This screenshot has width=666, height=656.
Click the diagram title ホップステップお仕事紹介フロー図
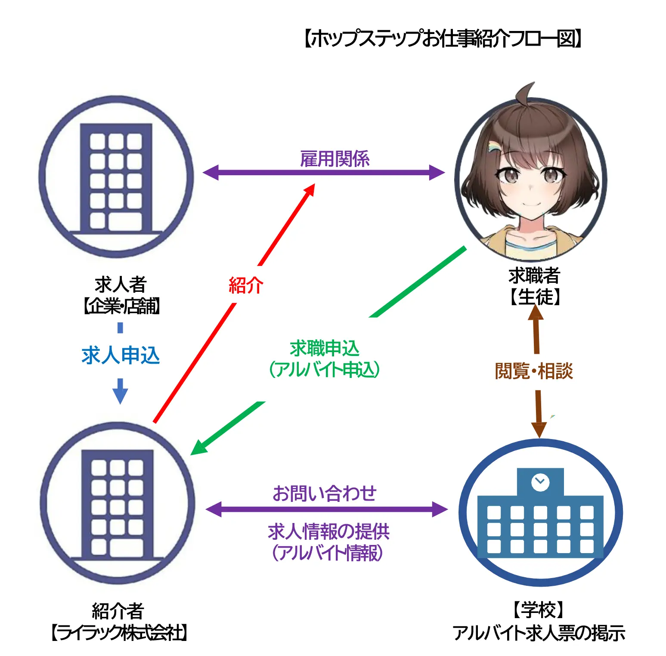click(x=443, y=39)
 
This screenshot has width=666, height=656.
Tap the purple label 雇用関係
click(x=335, y=158)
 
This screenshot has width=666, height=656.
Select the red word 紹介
click(x=246, y=285)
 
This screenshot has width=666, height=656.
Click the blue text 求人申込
click(x=121, y=356)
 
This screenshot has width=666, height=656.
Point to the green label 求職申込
click(x=324, y=348)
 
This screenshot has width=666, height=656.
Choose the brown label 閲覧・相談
click(x=534, y=371)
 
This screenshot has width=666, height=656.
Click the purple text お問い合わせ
click(x=325, y=493)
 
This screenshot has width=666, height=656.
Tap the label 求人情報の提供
click(x=328, y=532)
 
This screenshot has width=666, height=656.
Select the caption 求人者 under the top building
click(x=121, y=285)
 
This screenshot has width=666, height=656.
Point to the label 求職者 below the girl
click(x=534, y=275)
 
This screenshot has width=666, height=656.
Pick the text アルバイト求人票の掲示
click(x=539, y=633)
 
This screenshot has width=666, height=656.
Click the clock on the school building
click(x=540, y=482)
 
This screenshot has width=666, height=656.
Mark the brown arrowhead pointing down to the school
click(x=539, y=429)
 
